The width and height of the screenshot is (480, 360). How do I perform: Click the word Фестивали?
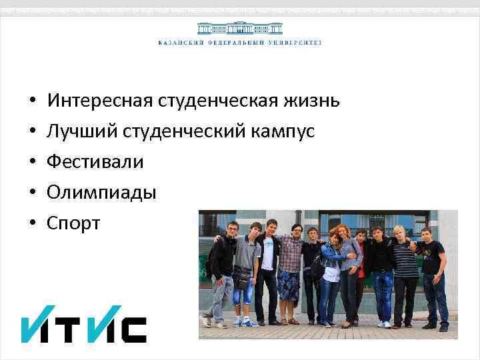tap(95, 162)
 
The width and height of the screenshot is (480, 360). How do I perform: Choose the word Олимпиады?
tap(101, 193)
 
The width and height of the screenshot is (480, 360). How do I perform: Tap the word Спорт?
tap(73, 223)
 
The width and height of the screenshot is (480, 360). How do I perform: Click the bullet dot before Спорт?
tap(32, 224)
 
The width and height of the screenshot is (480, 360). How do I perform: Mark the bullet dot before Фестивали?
tap(32, 163)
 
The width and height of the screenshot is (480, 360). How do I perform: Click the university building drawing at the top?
tap(239, 29)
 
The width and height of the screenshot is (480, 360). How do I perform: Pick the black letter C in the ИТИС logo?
tap(133, 329)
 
